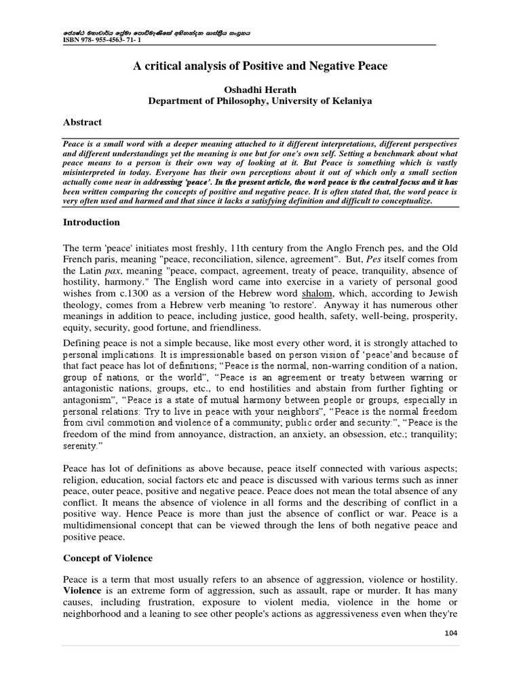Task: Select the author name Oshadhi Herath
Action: click(260, 90)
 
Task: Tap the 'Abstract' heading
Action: click(82, 122)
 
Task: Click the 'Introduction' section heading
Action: click(91, 222)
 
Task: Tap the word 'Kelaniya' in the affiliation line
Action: click(349, 101)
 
